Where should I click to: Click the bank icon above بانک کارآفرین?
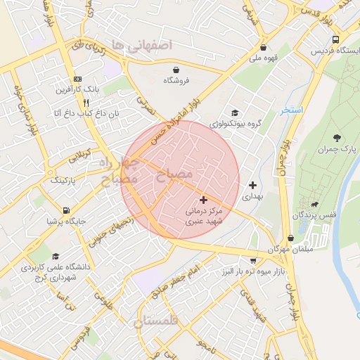[x=77, y=79]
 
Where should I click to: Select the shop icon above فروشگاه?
[x=176, y=70]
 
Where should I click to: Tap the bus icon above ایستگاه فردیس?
[x=335, y=40]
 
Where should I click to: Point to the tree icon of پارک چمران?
[x=337, y=137]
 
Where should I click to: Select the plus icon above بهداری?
[x=252, y=186]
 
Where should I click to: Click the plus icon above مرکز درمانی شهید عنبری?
[x=204, y=200]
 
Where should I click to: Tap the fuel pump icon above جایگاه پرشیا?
[x=66, y=210]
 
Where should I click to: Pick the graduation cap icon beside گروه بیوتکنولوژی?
[x=234, y=112]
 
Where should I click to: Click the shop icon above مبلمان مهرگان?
[x=291, y=238]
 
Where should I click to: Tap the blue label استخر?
[x=290, y=111]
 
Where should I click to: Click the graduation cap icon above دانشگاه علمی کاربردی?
[x=56, y=257]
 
